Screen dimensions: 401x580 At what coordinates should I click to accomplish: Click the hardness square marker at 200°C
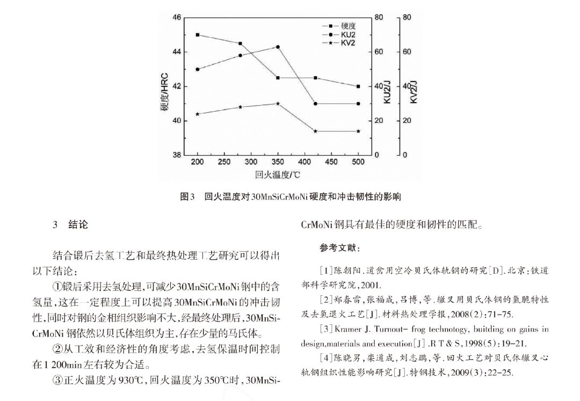click(x=198, y=35)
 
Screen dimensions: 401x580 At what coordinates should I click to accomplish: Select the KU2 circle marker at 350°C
click(x=278, y=47)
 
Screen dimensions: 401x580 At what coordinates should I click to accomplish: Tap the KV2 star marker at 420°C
click(x=315, y=131)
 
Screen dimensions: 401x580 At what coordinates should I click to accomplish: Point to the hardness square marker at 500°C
click(x=358, y=86)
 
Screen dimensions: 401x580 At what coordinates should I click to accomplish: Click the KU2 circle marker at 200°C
click(x=198, y=69)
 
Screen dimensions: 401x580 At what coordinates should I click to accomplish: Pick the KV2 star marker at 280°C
click(x=240, y=107)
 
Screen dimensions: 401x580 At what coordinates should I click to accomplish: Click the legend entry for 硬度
click(x=347, y=26)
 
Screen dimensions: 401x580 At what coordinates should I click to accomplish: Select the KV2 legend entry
click(x=347, y=42)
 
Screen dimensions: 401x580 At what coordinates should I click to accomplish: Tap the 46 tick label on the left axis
click(x=177, y=18)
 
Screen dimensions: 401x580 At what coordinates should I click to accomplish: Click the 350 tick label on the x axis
click(x=278, y=162)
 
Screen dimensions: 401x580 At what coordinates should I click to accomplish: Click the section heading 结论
click(x=78, y=225)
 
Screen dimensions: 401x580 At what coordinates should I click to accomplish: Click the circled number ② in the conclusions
click(x=57, y=349)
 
